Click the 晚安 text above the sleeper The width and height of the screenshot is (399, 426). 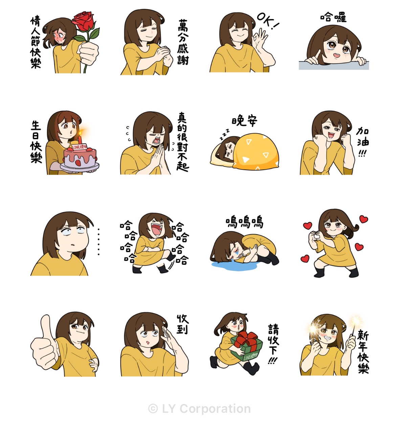click(244, 121)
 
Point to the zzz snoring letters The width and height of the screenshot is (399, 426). click(224, 134)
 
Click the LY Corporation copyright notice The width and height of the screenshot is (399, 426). click(199, 408)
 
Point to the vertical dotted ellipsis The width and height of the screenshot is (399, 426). click(98, 242)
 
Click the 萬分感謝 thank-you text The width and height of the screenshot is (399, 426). click(183, 42)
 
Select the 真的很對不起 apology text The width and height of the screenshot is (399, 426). click(182, 142)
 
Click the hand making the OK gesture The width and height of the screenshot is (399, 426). click(260, 38)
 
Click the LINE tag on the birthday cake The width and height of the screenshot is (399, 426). click(79, 147)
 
